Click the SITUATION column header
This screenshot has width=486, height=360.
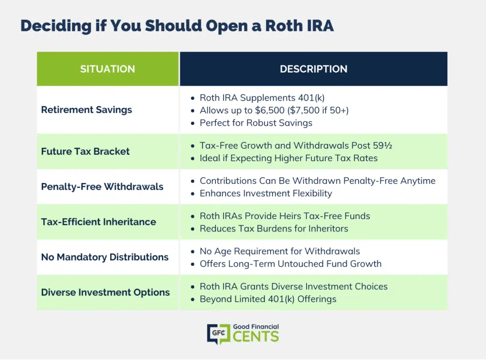(108, 69)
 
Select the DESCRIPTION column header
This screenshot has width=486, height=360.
(313, 69)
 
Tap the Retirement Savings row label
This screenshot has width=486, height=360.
(86, 110)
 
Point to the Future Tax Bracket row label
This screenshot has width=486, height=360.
(85, 151)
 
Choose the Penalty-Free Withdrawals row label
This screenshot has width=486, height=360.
(103, 186)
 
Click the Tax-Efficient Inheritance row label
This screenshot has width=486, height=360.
(99, 222)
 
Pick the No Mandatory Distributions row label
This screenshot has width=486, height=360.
(105, 257)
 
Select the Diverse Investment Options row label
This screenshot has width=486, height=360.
(105, 292)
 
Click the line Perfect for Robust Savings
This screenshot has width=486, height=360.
(256, 123)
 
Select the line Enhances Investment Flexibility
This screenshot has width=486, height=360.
(266, 194)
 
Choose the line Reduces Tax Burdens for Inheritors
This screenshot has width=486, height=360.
(274, 229)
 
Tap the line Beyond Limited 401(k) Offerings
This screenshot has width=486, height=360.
(268, 299)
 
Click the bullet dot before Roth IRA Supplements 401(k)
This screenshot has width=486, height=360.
(193, 98)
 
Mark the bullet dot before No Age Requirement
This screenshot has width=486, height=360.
(193, 251)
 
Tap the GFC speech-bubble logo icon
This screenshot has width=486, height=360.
(219, 334)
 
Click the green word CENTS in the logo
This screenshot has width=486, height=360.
(256, 336)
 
